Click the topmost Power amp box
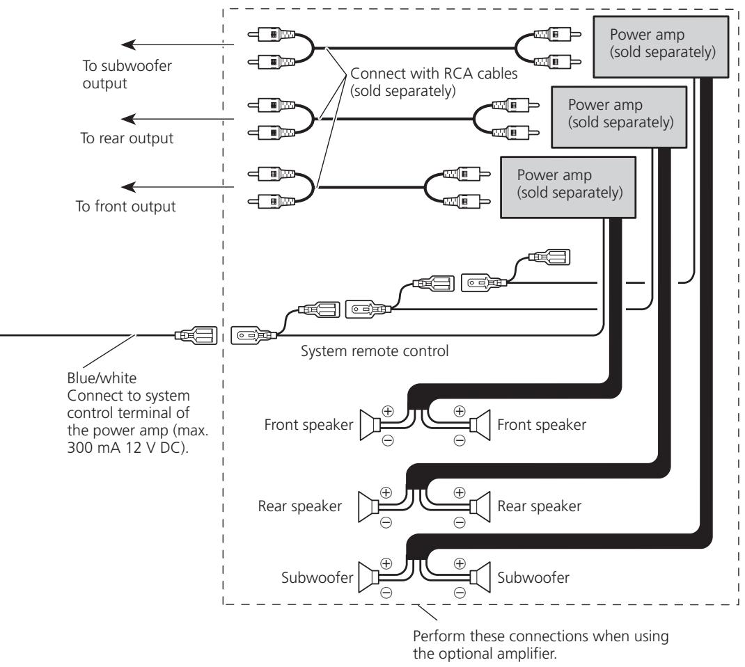[661, 47]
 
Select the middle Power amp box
[619, 118]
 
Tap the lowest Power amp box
[568, 188]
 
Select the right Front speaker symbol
[480, 425]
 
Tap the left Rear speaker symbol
[369, 507]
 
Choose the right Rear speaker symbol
[480, 507]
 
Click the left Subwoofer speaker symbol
[369, 577]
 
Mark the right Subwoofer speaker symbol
[480, 577]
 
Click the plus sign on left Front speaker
[388, 411]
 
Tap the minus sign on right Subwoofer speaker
[460, 593]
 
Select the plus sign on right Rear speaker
[460, 492]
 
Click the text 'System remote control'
[375, 351]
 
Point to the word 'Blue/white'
[102, 378]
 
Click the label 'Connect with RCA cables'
[434, 74]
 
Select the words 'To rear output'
[127, 138]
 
